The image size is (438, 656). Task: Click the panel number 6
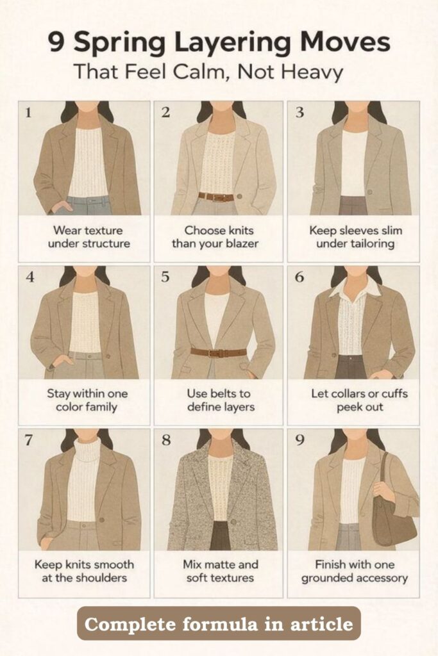[299, 277]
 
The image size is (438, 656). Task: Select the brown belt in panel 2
[216, 197]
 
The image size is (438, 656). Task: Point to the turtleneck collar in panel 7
[87, 450]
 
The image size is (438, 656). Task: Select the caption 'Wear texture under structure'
[88, 237]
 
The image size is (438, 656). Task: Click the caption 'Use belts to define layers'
[220, 400]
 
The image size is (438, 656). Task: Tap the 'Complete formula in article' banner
[219, 623]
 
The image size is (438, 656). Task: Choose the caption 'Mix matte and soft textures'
[220, 571]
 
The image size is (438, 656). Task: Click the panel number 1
[28, 113]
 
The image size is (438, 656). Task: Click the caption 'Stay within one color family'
[87, 400]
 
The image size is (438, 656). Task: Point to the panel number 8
[166, 440]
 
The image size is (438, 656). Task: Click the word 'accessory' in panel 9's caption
[381, 578]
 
